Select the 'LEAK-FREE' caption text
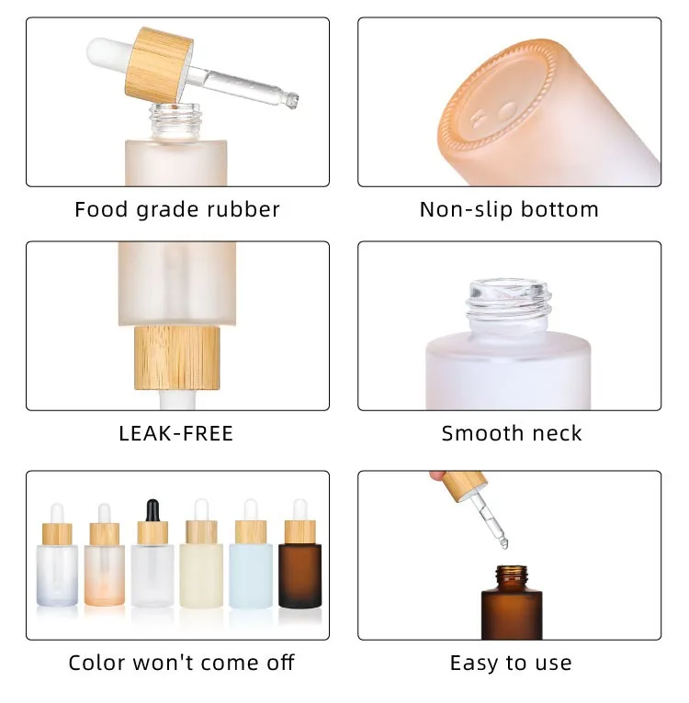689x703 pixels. (176, 433)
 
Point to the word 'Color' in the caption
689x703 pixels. (95, 663)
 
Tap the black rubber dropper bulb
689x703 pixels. (152, 510)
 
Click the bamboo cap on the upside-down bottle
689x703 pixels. (177, 358)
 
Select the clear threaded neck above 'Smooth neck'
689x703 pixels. (509, 305)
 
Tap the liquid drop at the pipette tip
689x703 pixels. (504, 544)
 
